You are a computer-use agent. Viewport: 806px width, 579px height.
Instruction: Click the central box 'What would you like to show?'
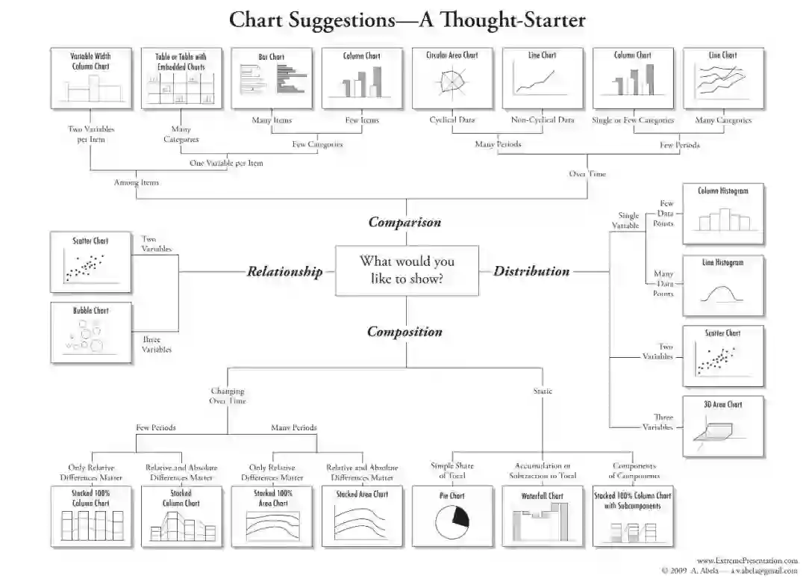[x=407, y=270]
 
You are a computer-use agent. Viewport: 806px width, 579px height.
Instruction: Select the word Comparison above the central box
[x=404, y=222]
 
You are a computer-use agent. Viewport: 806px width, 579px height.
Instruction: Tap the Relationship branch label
[x=284, y=271]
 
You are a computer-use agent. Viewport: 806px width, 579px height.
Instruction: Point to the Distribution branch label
[x=531, y=271]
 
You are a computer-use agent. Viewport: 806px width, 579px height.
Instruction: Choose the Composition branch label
[x=404, y=332]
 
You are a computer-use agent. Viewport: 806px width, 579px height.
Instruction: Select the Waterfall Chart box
[x=543, y=515]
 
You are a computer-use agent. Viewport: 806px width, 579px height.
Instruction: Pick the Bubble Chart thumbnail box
[x=90, y=332]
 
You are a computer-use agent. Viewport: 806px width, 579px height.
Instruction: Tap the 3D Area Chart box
[x=723, y=426]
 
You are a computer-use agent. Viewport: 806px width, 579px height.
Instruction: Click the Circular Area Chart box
[x=452, y=78]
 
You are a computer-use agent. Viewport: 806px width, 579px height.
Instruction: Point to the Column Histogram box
[x=723, y=213]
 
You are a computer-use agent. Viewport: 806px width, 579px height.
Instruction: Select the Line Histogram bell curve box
[x=723, y=285]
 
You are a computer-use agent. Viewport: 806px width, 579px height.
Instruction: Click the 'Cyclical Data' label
[x=452, y=120]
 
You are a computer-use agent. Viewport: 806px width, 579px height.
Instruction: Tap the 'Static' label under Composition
[x=543, y=391]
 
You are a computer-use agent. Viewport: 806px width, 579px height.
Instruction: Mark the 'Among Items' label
[x=136, y=182]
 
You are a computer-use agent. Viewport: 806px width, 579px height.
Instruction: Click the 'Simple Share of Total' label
[x=452, y=471]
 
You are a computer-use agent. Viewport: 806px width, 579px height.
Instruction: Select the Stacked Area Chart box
[x=362, y=515]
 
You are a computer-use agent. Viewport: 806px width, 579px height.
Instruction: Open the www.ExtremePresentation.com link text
[x=747, y=560]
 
